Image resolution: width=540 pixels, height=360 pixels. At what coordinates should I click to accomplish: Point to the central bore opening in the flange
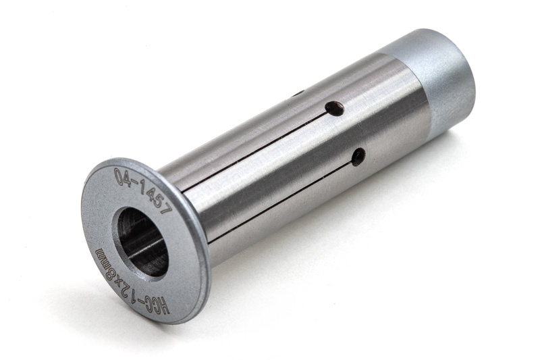click(x=142, y=242)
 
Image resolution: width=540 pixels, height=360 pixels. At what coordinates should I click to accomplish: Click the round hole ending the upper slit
click(x=335, y=108)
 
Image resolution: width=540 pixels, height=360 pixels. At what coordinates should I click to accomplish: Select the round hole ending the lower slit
click(x=359, y=157)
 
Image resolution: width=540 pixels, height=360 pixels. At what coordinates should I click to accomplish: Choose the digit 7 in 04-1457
click(x=166, y=208)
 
